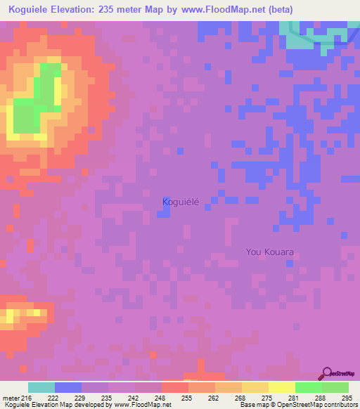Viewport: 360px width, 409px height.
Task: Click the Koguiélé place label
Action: [181, 202]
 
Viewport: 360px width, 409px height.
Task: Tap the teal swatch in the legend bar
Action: [41, 387]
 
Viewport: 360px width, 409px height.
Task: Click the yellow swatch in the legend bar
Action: [281, 387]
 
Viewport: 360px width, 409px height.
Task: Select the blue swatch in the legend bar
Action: [68, 387]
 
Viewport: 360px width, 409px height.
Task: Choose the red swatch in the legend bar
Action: [174, 387]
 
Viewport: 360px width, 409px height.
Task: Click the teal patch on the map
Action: [303, 39]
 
